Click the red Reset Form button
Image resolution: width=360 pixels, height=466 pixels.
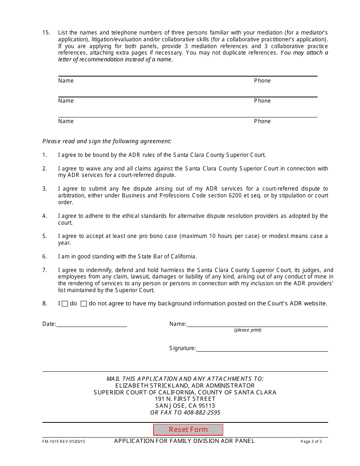[188, 430]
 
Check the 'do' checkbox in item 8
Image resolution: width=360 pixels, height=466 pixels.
[65, 303]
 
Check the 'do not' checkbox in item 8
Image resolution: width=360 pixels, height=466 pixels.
[84, 303]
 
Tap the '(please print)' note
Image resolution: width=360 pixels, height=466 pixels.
[247, 330]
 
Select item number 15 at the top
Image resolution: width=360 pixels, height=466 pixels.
[46, 33]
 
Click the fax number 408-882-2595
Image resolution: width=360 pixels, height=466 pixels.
[202, 413]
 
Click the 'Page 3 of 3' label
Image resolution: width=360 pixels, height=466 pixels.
[311, 441]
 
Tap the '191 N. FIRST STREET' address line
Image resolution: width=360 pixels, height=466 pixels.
[185, 399]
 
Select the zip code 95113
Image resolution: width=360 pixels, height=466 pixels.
[207, 406]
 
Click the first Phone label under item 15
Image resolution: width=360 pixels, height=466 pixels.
[262, 81]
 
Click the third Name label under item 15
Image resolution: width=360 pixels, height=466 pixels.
[66, 121]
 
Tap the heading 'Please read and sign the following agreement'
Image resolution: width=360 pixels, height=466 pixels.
[107, 141]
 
